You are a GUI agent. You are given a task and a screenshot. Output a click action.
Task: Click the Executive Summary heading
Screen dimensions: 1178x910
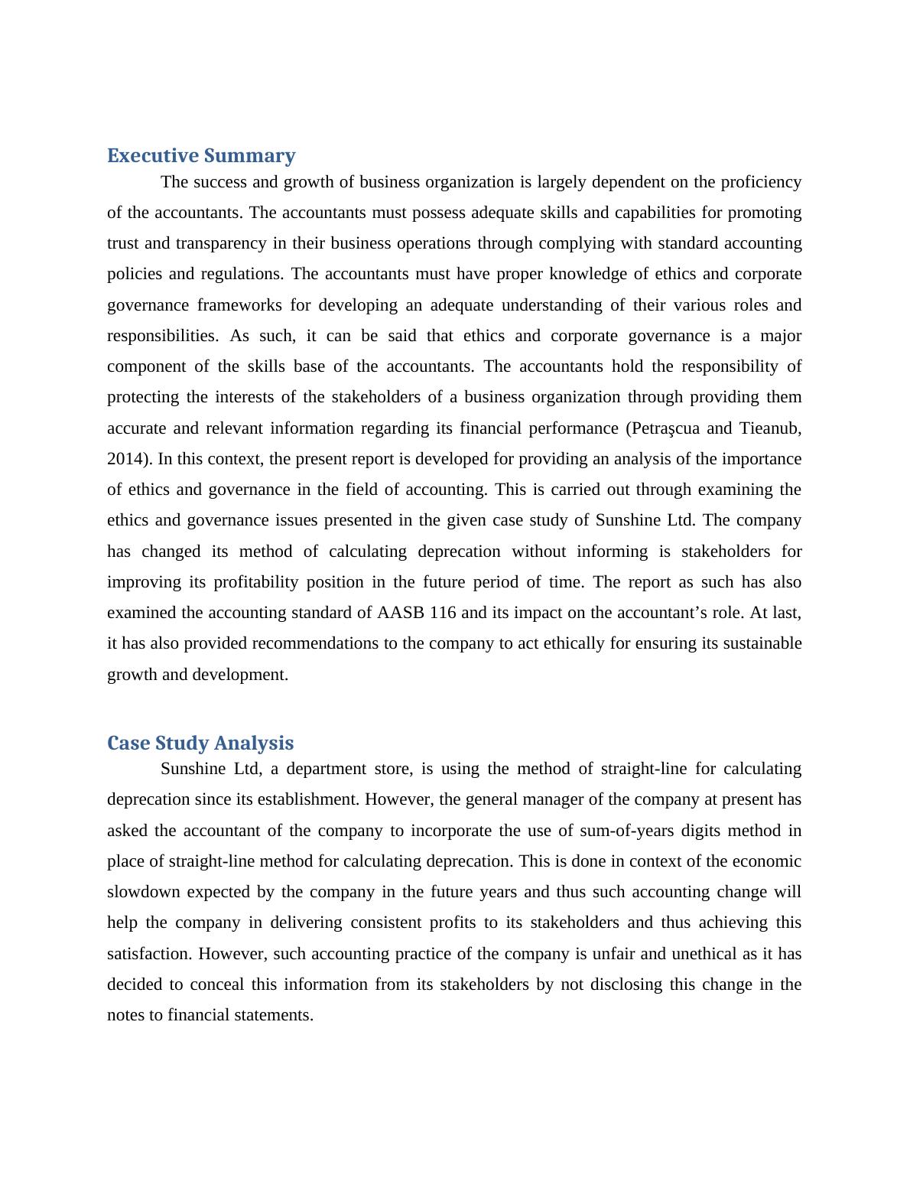201,156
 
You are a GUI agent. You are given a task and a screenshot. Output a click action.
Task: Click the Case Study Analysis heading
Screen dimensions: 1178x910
200,744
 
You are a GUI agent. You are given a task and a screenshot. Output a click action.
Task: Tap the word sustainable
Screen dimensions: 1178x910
762,643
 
